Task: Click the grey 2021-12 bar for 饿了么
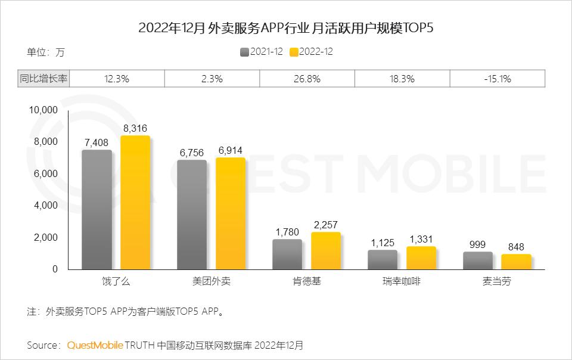(97, 210)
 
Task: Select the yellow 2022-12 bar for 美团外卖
(230, 213)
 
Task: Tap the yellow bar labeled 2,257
(325, 251)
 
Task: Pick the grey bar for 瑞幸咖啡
(383, 260)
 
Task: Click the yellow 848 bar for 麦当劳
(516, 262)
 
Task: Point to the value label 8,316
(135, 128)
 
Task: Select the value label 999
(477, 244)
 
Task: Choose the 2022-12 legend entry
(311, 52)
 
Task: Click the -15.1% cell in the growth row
(498, 79)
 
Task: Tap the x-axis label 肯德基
(307, 281)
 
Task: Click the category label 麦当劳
(498, 281)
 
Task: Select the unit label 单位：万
(45, 52)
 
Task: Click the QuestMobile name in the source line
(95, 345)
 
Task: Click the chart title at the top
(286, 28)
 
